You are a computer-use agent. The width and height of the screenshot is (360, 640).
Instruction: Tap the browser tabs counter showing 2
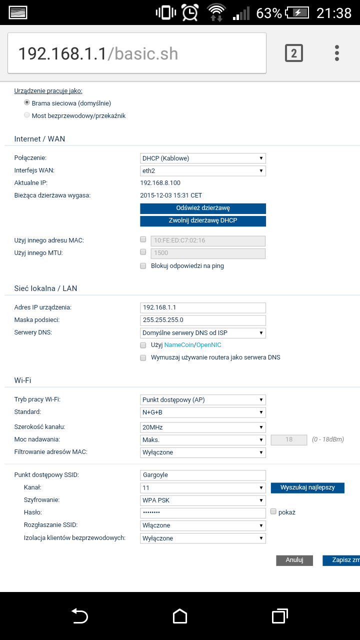pyautogui.click(x=294, y=53)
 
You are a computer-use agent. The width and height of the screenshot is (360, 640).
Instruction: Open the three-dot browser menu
pyautogui.click(x=337, y=53)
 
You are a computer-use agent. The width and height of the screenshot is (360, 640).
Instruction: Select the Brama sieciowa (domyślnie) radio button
pyautogui.click(x=27, y=102)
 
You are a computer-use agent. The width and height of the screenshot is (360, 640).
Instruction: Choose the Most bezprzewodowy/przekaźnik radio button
pyautogui.click(x=27, y=115)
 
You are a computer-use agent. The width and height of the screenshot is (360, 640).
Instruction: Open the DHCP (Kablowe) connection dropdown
pyautogui.click(x=203, y=158)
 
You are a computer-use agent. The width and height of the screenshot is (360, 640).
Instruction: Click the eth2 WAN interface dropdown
pyautogui.click(x=203, y=171)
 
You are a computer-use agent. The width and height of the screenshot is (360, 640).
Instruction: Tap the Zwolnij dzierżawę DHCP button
pyautogui.click(x=203, y=221)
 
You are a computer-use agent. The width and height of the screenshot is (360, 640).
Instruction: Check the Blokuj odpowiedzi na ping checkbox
pyautogui.click(x=143, y=266)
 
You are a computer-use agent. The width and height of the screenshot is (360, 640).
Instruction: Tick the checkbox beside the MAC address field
pyautogui.click(x=143, y=240)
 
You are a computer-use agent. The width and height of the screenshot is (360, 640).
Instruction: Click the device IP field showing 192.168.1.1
pyautogui.click(x=203, y=307)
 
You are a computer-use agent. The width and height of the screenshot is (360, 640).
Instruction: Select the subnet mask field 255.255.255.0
pyautogui.click(x=203, y=320)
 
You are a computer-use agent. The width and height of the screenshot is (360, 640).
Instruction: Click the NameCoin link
pyautogui.click(x=179, y=345)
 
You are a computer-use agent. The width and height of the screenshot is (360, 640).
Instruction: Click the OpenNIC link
pyautogui.click(x=208, y=345)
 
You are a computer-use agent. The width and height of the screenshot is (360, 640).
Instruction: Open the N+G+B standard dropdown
pyautogui.click(x=203, y=412)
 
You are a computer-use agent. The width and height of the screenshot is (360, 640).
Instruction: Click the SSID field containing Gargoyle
pyautogui.click(x=203, y=475)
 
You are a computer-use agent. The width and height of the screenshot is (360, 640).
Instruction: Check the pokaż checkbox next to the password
pyautogui.click(x=273, y=511)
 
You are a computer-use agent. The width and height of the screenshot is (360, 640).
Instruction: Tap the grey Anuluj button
pyautogui.click(x=294, y=560)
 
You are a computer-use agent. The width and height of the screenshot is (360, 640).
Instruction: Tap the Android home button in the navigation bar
pyautogui.click(x=180, y=616)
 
